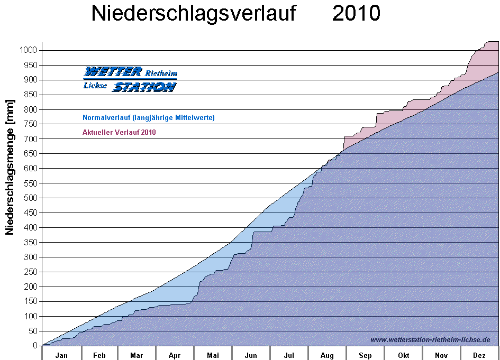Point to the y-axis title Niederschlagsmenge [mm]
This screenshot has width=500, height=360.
10,167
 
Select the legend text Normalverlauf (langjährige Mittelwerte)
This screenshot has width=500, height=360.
149,117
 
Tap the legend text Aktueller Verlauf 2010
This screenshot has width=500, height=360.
119,132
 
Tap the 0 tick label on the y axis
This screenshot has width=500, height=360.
35,346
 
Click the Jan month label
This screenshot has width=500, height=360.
61,355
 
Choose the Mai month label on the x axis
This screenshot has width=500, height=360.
213,355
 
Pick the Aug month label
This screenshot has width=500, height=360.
327,355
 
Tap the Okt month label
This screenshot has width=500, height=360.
403,355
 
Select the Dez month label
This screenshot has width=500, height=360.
479,355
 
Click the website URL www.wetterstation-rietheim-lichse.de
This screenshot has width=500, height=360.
430,340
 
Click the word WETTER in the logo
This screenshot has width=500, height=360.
113,71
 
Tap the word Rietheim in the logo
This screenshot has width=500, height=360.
161,73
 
